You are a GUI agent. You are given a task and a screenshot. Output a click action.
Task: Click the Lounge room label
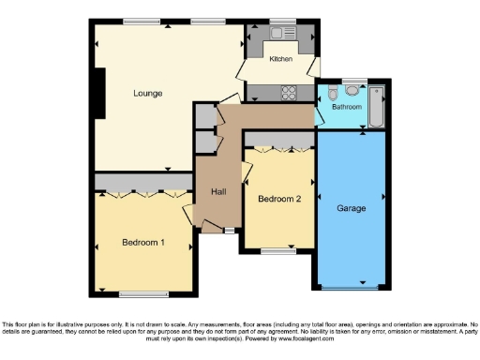click(x=148, y=94)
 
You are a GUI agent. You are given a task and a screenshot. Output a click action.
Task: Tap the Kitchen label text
click(x=281, y=59)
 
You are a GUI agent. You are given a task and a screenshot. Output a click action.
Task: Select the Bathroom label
click(x=347, y=107)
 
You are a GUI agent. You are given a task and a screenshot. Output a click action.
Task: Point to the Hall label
click(x=218, y=191)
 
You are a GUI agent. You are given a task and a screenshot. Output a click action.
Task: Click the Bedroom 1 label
click(x=143, y=242)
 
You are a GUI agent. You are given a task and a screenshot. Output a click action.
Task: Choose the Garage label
click(x=352, y=207)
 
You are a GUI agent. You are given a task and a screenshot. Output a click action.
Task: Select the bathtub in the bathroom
click(x=377, y=105)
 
